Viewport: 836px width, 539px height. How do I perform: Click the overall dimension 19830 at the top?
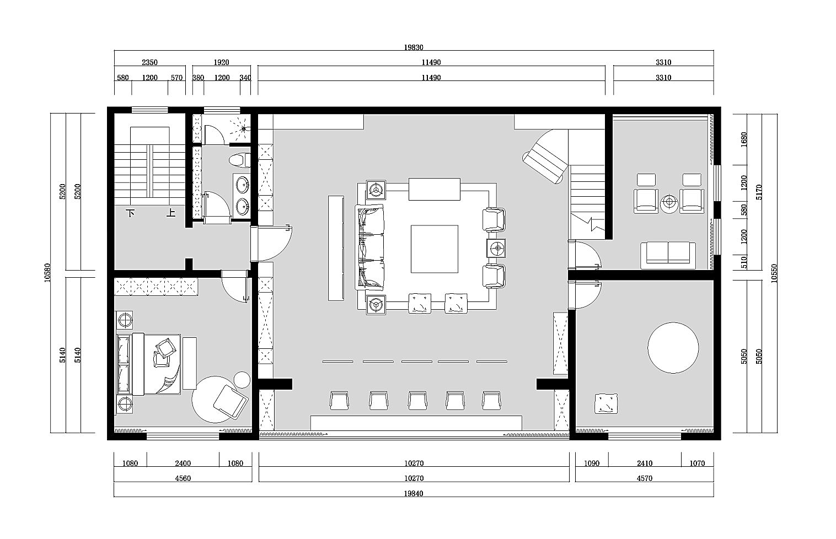[414, 47]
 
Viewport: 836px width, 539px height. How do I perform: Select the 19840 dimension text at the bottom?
[414, 493]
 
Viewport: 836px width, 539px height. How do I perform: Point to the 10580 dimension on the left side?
[47, 273]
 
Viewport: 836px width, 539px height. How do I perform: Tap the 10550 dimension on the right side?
[774, 273]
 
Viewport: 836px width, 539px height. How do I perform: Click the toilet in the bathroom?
[239, 160]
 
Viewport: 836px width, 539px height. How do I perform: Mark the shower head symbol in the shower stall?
[244, 129]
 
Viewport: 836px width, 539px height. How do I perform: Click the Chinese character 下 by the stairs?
[131, 213]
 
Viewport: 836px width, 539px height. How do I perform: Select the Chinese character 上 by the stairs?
[171, 213]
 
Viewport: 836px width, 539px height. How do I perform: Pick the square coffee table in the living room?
[435, 249]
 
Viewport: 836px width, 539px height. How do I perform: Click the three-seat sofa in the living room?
[369, 247]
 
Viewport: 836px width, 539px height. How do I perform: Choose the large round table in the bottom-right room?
[673, 348]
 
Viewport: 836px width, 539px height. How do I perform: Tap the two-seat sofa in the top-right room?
[668, 256]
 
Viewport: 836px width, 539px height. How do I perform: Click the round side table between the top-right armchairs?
[669, 204]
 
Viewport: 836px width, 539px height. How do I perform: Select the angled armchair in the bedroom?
[231, 402]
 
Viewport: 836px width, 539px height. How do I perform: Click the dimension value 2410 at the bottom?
[645, 463]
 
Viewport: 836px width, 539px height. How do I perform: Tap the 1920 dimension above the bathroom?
[221, 62]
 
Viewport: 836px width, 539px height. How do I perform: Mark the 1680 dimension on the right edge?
[744, 139]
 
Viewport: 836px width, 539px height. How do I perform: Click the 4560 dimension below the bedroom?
[183, 478]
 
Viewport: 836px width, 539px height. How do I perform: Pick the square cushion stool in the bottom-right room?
[605, 403]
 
